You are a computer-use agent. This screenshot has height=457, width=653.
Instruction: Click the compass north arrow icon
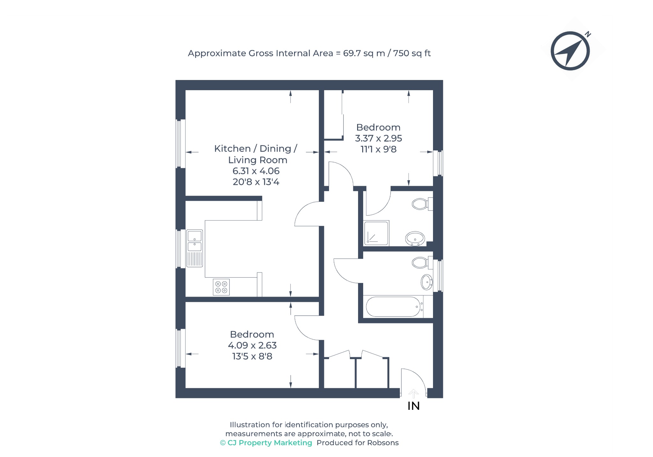tap(570, 51)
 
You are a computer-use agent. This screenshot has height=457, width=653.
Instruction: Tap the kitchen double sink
tap(194, 248)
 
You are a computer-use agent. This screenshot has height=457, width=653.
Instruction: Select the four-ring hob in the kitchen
tap(221, 287)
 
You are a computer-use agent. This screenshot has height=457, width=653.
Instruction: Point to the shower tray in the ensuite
tap(376, 233)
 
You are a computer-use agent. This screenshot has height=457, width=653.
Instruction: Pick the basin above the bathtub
tap(427, 282)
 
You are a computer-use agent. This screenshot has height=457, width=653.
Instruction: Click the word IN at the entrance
tap(414, 406)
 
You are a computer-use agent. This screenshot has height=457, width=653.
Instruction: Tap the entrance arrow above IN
tap(414, 394)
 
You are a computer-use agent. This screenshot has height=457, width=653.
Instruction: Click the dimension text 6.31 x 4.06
tap(256, 171)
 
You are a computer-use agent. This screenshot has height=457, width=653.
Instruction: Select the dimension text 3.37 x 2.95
tap(378, 138)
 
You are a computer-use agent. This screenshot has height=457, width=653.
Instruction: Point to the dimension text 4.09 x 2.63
tap(252, 345)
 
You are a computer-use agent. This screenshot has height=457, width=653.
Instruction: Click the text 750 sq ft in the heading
tap(412, 53)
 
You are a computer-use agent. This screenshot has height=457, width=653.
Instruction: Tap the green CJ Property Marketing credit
tap(266, 443)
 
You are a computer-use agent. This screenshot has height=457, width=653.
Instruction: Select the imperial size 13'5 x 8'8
tap(252, 356)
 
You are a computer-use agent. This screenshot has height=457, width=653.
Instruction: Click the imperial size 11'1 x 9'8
tap(378, 149)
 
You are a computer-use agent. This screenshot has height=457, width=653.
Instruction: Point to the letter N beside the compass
tap(588, 34)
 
